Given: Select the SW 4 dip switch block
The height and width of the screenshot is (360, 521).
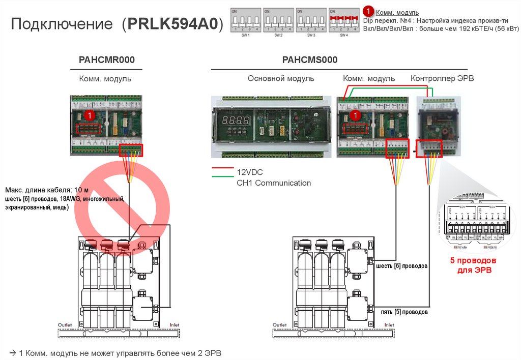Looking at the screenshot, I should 344,21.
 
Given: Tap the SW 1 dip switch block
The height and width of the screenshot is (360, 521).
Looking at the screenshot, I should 246,21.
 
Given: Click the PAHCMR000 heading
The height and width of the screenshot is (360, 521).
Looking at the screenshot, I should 106,60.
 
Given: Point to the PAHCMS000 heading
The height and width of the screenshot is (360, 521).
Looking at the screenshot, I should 310,60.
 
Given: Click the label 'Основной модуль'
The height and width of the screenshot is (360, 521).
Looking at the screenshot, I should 281,78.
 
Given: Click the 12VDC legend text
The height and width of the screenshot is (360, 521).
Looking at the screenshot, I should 249,172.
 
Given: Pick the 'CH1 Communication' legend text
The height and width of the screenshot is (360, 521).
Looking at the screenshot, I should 273,183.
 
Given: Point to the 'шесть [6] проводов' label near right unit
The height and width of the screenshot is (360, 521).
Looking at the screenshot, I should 401,266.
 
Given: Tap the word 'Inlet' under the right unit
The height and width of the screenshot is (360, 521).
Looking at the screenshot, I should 389,324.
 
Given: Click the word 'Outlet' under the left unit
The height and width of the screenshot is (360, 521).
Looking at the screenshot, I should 65,324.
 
